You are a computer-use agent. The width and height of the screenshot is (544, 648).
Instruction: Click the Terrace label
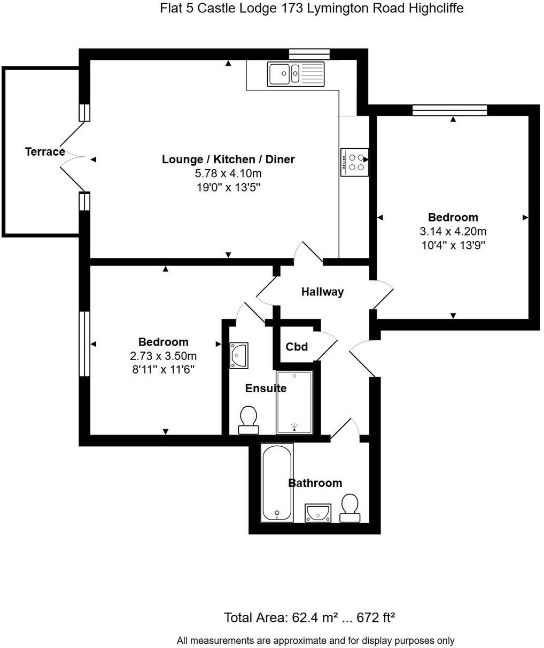(x=45, y=152)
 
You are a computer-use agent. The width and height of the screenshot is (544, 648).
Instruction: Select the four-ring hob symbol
(x=354, y=162)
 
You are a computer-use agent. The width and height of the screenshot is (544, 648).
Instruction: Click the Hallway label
(x=322, y=292)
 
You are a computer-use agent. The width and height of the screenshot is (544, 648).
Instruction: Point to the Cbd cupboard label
(x=297, y=347)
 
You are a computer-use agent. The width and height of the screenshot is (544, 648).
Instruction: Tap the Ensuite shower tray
(x=294, y=402)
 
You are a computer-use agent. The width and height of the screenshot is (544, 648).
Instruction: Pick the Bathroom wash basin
(x=318, y=513)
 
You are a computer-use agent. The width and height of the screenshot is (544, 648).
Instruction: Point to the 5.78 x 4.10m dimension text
(x=228, y=173)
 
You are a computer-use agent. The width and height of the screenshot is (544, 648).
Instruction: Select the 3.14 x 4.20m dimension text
(x=453, y=232)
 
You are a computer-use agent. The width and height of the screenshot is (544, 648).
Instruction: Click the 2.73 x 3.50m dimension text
(x=163, y=356)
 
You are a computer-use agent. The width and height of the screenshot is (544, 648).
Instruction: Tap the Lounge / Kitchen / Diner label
(x=228, y=159)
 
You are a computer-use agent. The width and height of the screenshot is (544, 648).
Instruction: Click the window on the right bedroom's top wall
(x=449, y=110)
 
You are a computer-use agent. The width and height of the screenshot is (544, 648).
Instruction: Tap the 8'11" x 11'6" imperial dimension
(x=163, y=369)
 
